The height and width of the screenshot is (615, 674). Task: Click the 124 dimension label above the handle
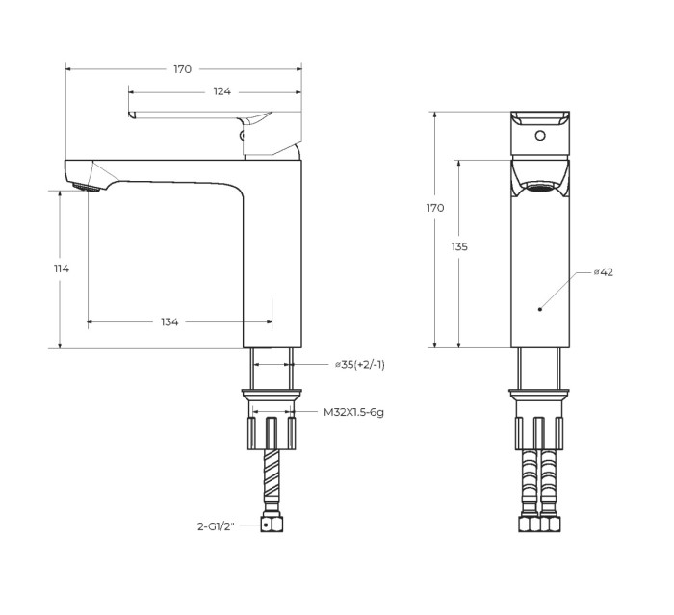(x=222, y=91)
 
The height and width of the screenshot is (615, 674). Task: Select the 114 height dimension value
(x=62, y=269)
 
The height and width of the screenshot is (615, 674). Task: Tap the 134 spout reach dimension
(x=169, y=321)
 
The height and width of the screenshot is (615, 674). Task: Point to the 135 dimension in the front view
(x=459, y=246)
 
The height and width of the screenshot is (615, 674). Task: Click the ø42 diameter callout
(x=604, y=272)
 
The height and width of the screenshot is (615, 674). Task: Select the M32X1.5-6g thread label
(x=354, y=412)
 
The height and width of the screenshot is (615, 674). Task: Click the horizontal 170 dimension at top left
(x=182, y=68)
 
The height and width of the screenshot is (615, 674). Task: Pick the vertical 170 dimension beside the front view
(x=435, y=208)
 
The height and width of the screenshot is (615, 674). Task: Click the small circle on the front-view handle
(x=539, y=134)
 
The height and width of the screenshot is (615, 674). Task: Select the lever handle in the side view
(x=193, y=116)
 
